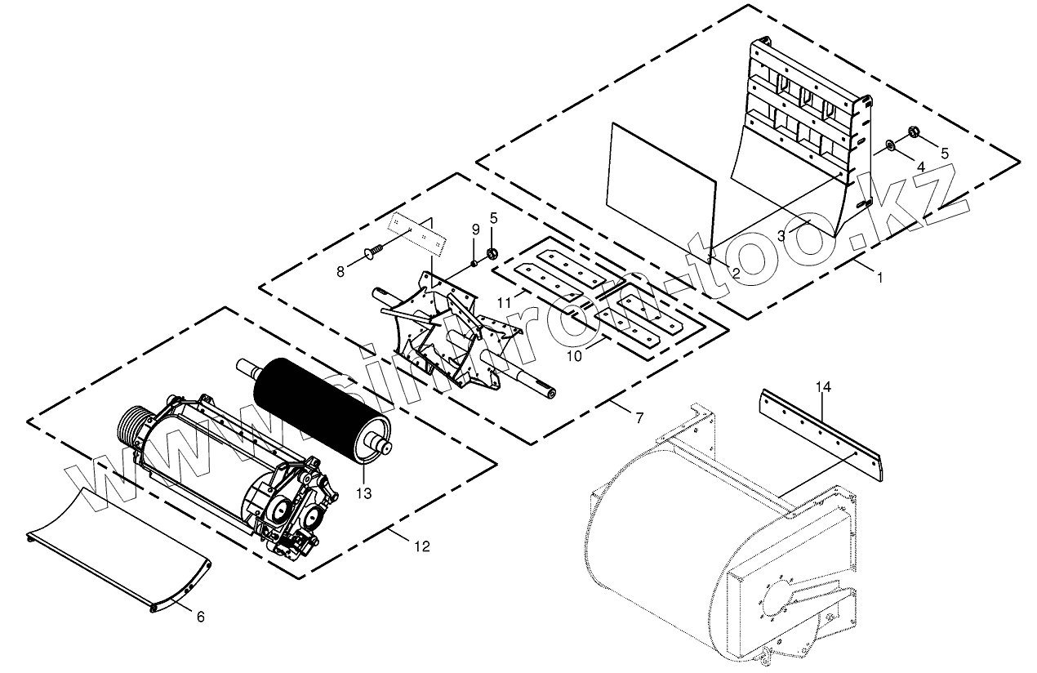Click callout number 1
tap(879, 278)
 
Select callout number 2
tap(735, 274)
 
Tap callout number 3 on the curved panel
tap(781, 235)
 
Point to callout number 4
tap(920, 167)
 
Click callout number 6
tap(201, 617)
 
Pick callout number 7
tap(639, 418)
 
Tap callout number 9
tap(475, 230)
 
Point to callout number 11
tap(505, 302)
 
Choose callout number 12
tap(422, 546)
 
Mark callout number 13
tap(363, 493)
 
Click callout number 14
tap(824, 387)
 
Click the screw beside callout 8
tap(372, 252)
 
